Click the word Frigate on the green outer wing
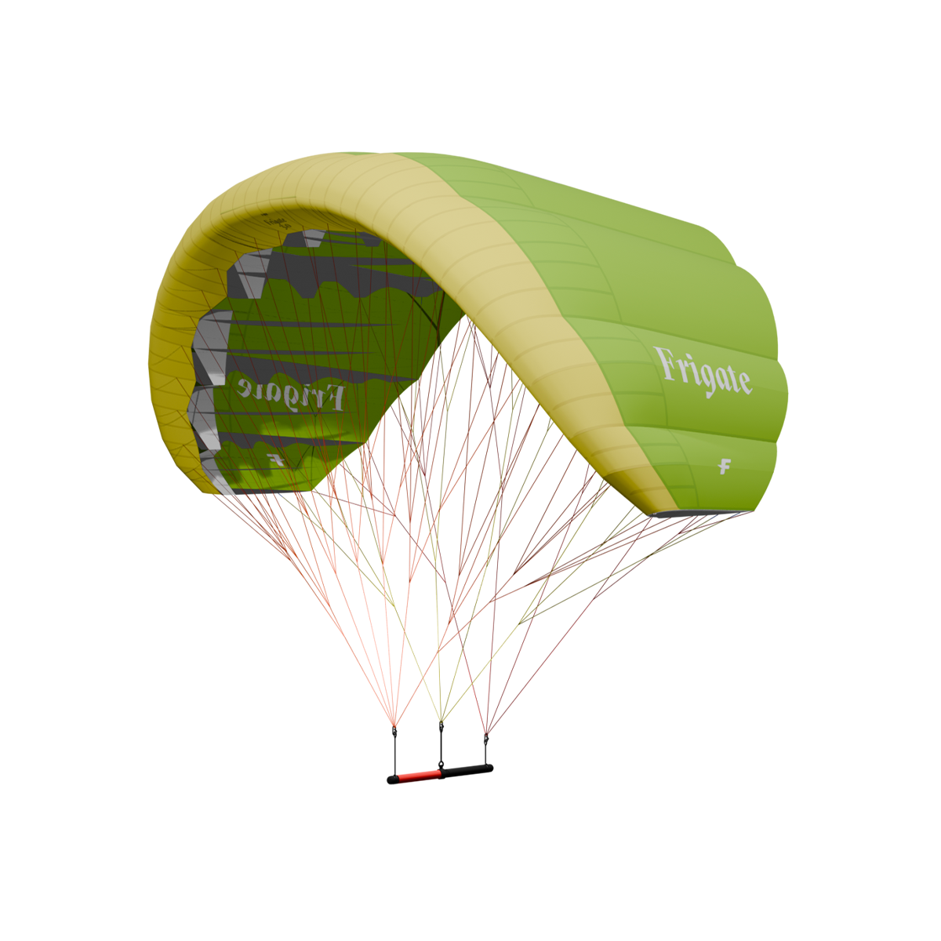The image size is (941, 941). [703, 372]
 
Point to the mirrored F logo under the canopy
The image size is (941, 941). [274, 457]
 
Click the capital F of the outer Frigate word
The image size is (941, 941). [667, 364]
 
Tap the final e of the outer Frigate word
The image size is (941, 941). [743, 382]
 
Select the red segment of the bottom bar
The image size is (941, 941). [416, 772]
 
